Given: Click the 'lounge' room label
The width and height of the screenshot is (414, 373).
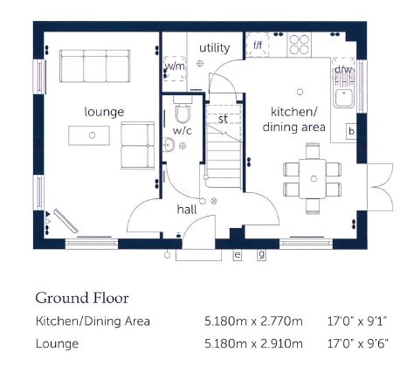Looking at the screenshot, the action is (x=104, y=112).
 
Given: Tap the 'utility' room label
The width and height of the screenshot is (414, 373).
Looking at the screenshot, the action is (x=215, y=48).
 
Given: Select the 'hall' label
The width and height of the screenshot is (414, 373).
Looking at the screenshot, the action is (x=187, y=209).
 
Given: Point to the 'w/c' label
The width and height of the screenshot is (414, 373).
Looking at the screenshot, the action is (x=183, y=131).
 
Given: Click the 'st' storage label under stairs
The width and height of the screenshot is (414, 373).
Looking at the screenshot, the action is (x=223, y=119).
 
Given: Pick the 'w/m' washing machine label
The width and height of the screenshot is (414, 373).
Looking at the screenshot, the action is (x=175, y=66).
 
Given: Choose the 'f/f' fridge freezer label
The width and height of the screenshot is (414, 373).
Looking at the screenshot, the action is (x=258, y=45).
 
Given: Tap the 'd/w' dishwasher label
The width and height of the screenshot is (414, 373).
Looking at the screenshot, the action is (x=343, y=70).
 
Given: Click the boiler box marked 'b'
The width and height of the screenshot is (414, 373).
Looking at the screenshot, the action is (x=351, y=132).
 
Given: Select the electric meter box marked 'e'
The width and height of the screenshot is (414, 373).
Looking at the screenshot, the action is (x=238, y=255).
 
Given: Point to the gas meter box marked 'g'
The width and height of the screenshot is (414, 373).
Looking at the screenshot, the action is (x=261, y=254).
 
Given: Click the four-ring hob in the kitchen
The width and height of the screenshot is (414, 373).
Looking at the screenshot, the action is (x=300, y=45).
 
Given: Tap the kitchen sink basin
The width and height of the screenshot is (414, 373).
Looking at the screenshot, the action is (x=343, y=98).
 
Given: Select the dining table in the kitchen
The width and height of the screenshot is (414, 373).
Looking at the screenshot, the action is (x=312, y=178).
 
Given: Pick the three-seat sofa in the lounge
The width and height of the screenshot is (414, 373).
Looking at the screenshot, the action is (x=94, y=66).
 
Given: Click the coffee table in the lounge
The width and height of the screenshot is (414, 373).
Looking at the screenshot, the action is (x=89, y=135).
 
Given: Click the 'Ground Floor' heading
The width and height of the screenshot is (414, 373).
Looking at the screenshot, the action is (x=82, y=298).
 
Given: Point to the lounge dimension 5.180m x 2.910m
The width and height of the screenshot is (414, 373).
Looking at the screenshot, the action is (x=253, y=344).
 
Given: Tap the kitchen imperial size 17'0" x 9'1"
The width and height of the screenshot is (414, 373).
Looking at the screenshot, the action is (x=357, y=321).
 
